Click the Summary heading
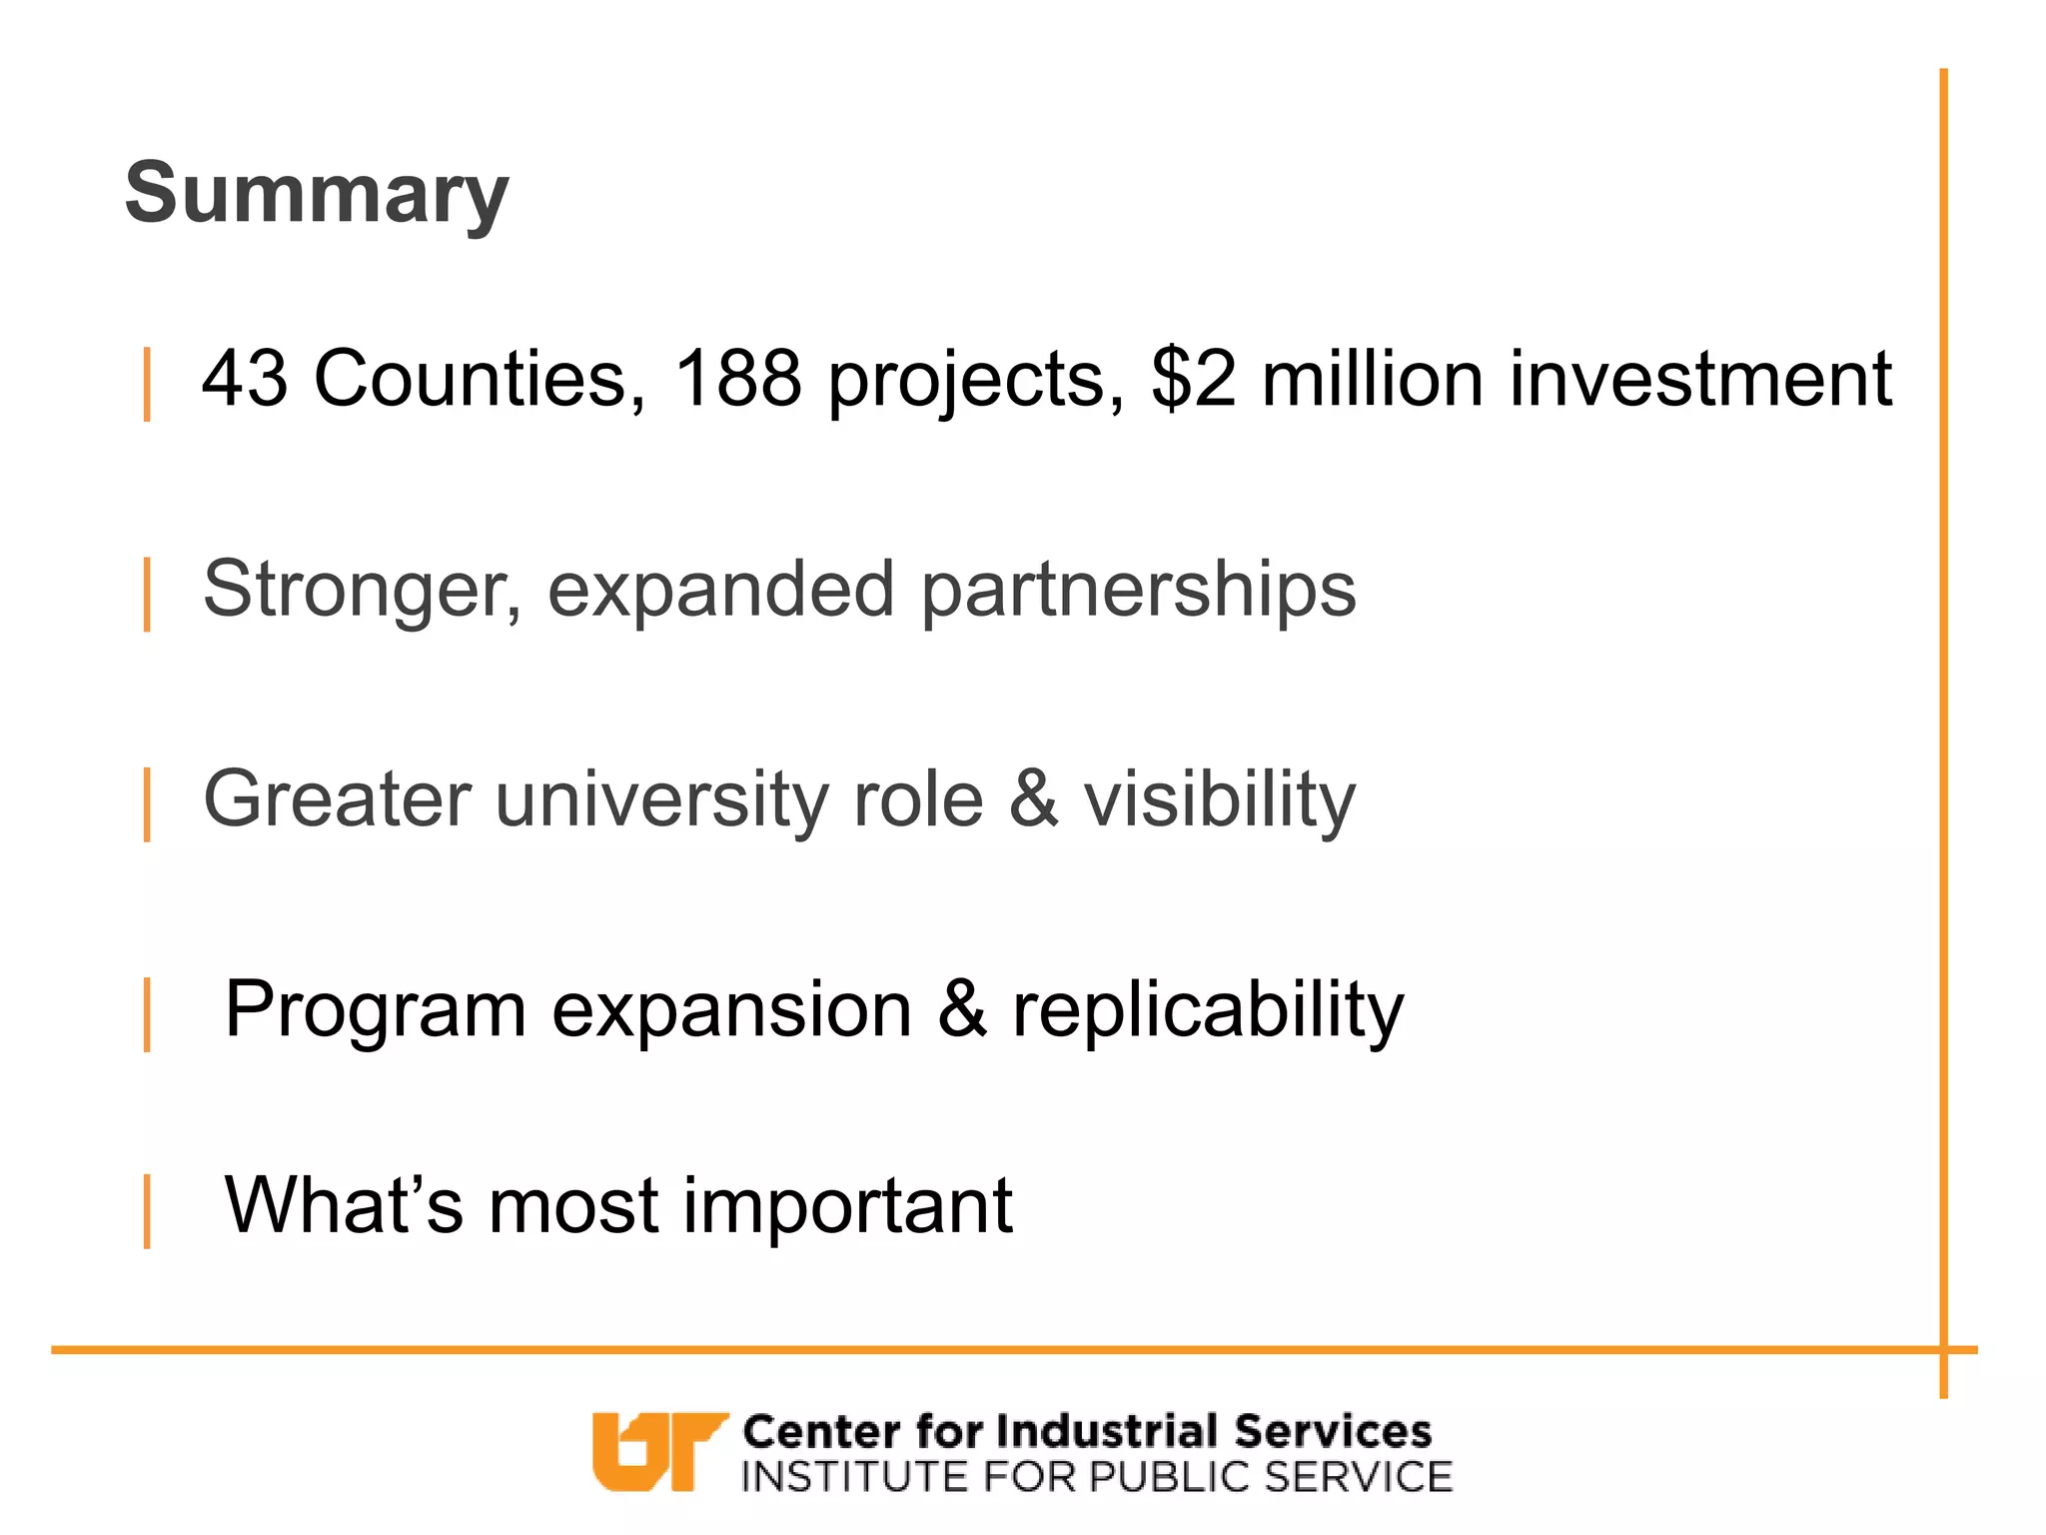[317, 194]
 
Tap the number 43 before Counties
[245, 379]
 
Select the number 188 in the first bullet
[738, 379]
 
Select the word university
[660, 800]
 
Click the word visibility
[1220, 800]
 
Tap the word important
[848, 1207]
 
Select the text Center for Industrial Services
[1087, 1431]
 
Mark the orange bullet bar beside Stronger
[148, 595]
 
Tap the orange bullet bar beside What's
[148, 1211]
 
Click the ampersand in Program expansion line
[962, 1009]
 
